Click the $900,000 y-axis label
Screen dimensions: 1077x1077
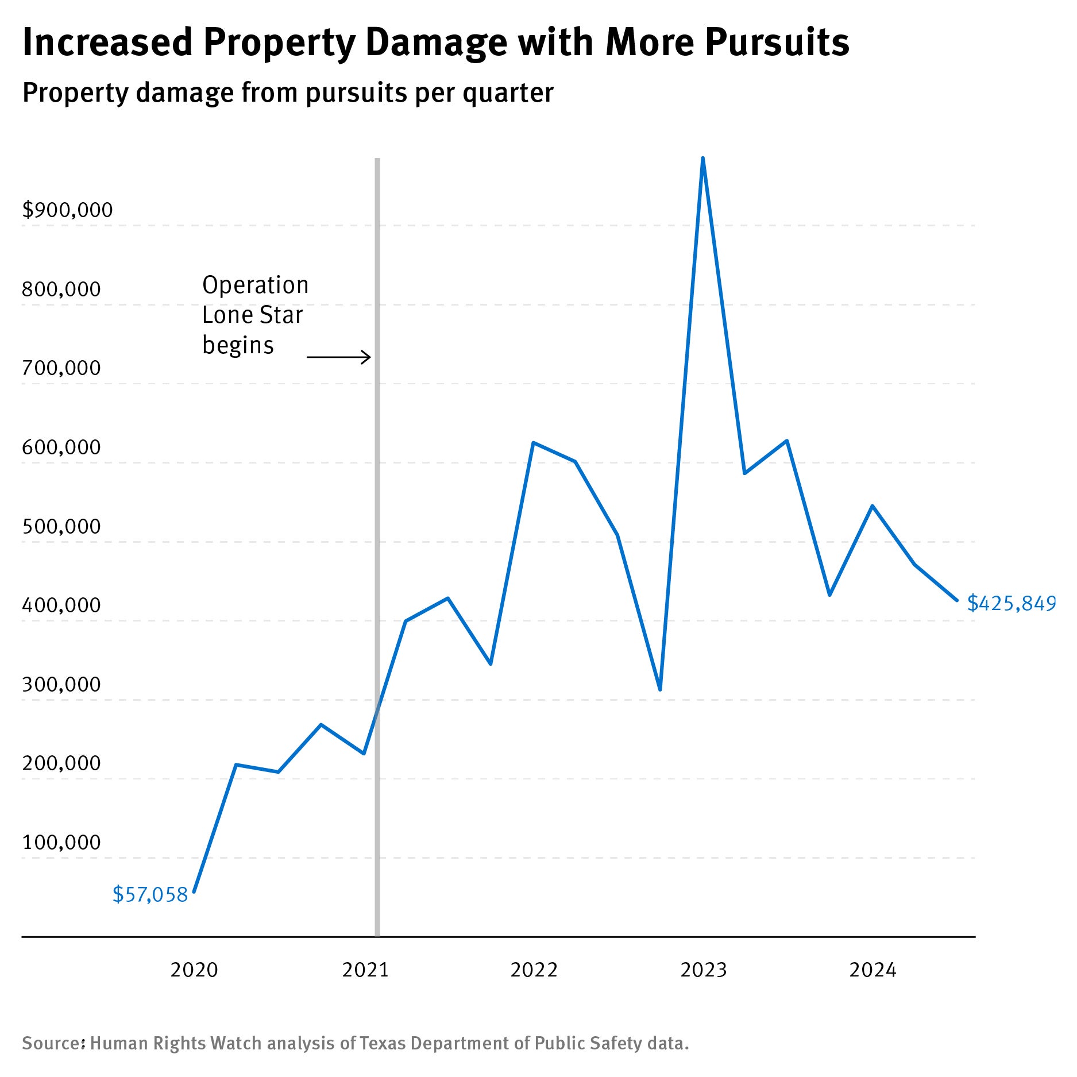[67, 210]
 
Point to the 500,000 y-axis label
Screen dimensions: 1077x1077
[61, 527]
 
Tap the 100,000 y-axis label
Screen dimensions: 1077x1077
[61, 843]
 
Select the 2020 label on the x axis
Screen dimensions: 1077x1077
[194, 970]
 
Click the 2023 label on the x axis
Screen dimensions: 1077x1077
[704, 970]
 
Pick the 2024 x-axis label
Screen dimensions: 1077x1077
[873, 970]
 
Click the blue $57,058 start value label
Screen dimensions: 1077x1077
[150, 895]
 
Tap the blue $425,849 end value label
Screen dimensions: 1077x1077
[1011, 603]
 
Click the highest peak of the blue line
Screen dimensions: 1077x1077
[702, 159]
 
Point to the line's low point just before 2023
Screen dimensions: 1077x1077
[660, 689]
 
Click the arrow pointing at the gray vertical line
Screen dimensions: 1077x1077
[339, 357]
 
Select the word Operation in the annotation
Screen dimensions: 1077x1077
[255, 285]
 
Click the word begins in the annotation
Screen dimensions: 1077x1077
[238, 346]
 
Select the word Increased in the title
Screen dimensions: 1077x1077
[107, 43]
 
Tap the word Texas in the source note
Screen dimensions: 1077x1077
[383, 1043]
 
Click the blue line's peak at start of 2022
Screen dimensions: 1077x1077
[533, 443]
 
